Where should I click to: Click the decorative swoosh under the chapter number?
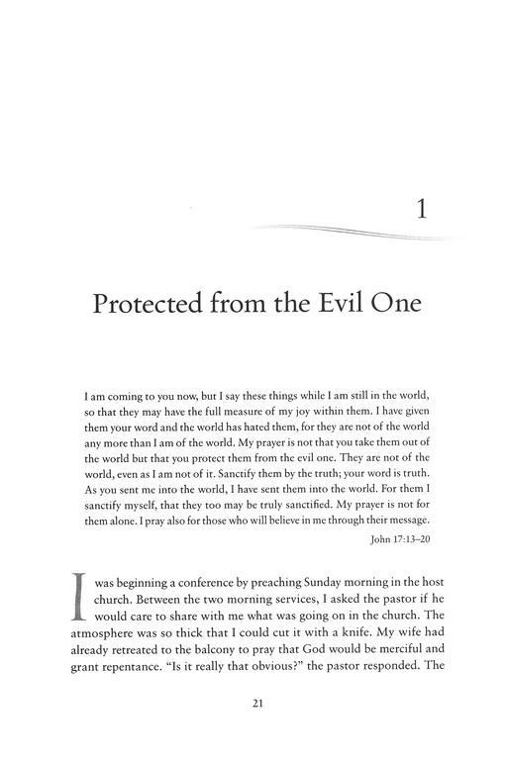[x=347, y=232]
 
